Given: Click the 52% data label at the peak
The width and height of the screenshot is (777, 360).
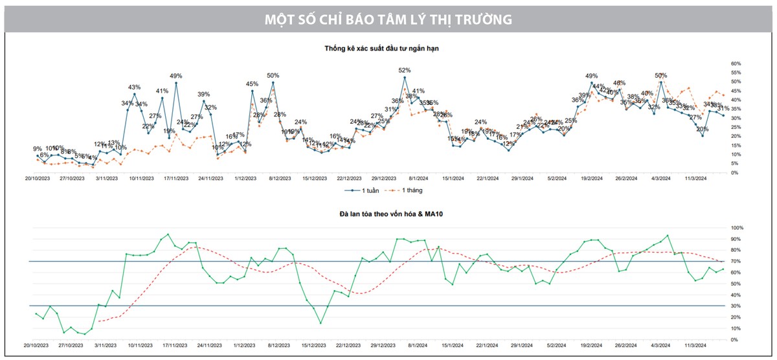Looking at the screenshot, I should point(405,70).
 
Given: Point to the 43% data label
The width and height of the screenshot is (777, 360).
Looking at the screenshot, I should point(135,87).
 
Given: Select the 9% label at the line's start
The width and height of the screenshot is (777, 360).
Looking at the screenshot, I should point(38,149).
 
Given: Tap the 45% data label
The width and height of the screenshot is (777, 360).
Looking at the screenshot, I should point(252,84).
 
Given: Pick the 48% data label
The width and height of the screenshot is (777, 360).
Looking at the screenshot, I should point(620,83).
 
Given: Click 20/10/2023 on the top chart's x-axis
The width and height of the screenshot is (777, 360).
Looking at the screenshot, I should point(38,177).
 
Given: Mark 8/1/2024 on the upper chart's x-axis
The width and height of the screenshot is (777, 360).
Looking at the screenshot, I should point(418,177).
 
